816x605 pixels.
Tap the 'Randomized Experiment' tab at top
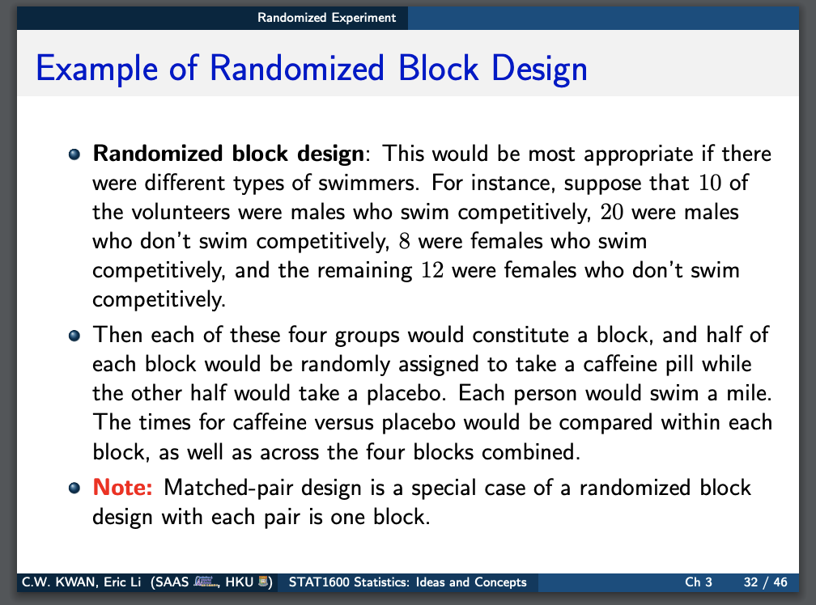(x=327, y=17)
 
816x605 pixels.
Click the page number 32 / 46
(x=764, y=582)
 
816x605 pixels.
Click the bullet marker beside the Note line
(x=74, y=489)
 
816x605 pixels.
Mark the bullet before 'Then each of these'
(x=74, y=335)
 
